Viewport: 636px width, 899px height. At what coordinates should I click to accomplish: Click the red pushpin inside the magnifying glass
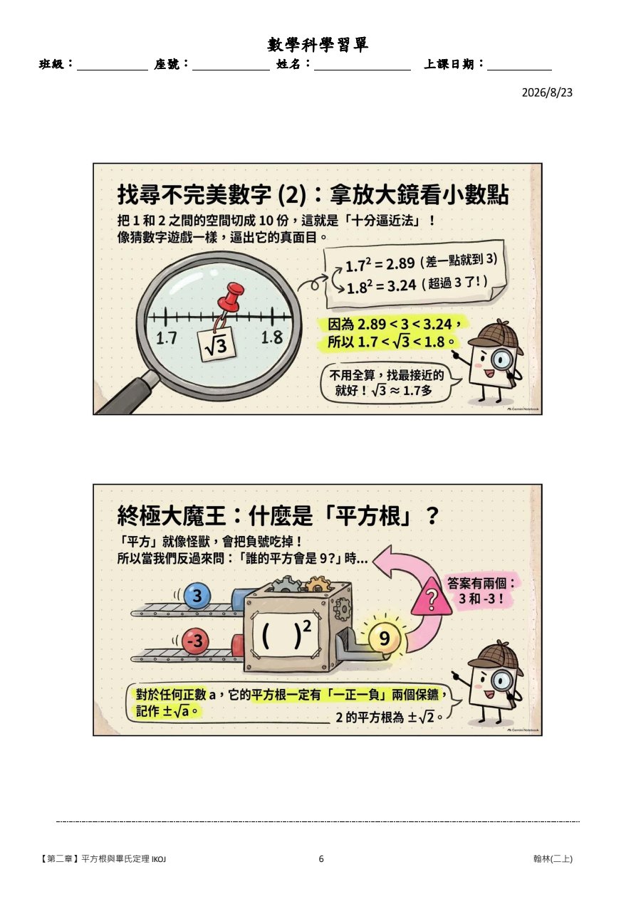[231, 296]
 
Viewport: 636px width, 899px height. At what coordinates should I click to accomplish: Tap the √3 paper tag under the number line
[217, 345]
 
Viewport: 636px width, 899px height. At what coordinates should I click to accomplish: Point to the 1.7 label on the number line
[166, 338]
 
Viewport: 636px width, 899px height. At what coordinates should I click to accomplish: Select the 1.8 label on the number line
[272, 337]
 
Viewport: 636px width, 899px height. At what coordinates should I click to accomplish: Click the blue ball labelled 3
[197, 595]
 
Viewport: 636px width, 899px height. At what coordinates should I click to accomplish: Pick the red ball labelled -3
[194, 640]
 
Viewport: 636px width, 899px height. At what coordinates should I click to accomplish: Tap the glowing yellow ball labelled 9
[385, 638]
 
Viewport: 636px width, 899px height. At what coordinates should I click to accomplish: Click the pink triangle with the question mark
[431, 598]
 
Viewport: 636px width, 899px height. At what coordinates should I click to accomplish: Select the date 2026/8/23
[547, 93]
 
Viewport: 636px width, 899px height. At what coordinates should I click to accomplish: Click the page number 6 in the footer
[320, 859]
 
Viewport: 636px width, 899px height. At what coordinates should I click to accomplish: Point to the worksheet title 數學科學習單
[318, 45]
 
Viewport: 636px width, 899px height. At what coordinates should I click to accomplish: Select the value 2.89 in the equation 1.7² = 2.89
[400, 264]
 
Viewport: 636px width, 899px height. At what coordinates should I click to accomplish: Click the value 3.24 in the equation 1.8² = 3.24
[402, 285]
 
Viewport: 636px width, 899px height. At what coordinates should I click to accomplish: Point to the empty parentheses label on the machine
[286, 636]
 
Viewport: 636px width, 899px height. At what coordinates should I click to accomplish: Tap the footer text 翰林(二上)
[553, 859]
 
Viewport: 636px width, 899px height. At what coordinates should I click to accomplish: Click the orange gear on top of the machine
[318, 585]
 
